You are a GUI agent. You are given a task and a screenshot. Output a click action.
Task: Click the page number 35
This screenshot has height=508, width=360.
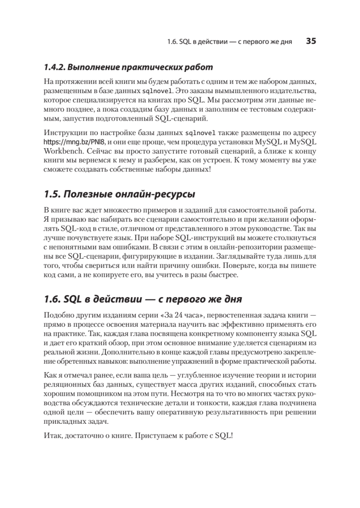pos(311,41)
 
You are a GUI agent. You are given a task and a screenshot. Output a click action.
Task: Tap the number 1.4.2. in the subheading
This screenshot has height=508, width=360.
pos(54,67)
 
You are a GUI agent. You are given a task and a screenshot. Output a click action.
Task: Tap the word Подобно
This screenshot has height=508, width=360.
pos(56,315)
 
